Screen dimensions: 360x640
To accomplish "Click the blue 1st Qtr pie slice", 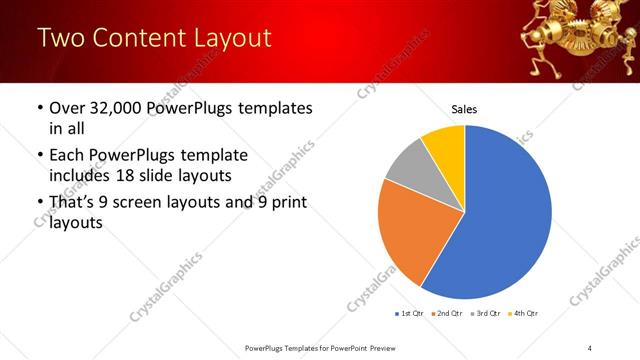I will tap(505, 220).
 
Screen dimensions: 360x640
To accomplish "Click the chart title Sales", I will tap(464, 109).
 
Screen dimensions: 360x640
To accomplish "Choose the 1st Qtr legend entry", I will tap(411, 314).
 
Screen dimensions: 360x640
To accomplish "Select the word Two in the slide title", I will tap(60, 38).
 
